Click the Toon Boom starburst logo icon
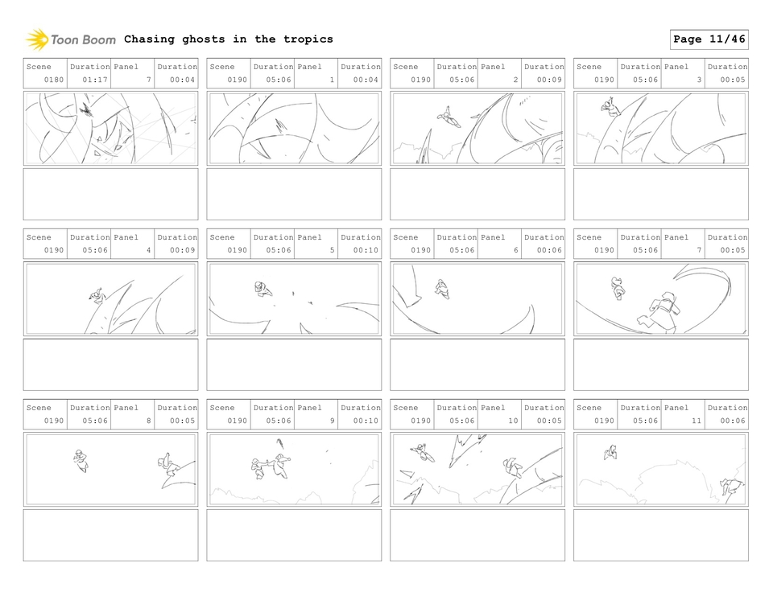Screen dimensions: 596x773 pyautogui.click(x=37, y=39)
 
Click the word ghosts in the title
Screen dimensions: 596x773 pyautogui.click(x=204, y=39)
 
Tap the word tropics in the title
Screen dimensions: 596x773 pyautogui.click(x=308, y=39)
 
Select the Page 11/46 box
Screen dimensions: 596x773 pyautogui.click(x=709, y=39)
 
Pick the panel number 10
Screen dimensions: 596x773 pyautogui.click(x=513, y=421)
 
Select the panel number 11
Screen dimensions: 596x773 pyautogui.click(x=696, y=421)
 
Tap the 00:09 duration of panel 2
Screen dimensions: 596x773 pyautogui.click(x=549, y=80)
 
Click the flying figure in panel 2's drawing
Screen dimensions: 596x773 pyautogui.click(x=449, y=118)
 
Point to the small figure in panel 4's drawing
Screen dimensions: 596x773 pyautogui.click(x=97, y=296)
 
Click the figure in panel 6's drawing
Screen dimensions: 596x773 pyautogui.click(x=441, y=288)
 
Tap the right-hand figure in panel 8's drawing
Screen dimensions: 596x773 pyautogui.click(x=169, y=466)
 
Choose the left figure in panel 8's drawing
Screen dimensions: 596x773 pyautogui.click(x=81, y=460)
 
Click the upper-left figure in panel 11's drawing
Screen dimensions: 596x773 pyautogui.click(x=611, y=453)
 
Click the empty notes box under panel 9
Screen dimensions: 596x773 pyautogui.click(x=294, y=535)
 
